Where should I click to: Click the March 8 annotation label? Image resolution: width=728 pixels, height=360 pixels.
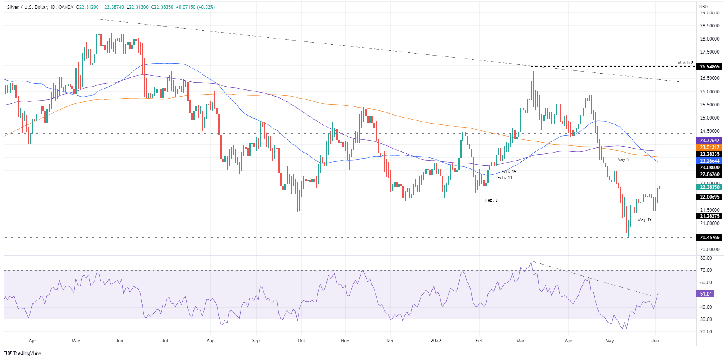click(x=686, y=63)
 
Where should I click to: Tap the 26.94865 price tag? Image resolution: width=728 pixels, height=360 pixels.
click(x=709, y=67)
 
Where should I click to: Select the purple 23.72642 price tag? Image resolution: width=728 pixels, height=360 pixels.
click(x=709, y=141)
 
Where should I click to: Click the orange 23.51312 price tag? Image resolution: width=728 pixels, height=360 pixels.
click(x=709, y=147)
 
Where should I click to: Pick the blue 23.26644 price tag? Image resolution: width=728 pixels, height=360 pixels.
click(x=709, y=161)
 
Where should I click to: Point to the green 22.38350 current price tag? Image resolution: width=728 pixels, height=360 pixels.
click(x=709, y=187)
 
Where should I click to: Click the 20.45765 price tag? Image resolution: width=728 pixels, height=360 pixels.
click(x=709, y=238)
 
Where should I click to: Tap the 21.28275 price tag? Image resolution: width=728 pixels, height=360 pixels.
click(x=709, y=216)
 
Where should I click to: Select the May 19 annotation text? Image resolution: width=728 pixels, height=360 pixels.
click(x=645, y=219)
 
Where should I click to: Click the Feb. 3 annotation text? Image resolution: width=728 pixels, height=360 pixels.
click(x=491, y=200)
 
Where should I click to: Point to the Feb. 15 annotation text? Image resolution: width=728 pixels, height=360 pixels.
click(x=509, y=172)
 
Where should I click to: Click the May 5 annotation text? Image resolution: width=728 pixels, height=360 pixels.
click(x=623, y=159)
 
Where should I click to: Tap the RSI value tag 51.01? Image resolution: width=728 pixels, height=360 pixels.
click(x=706, y=294)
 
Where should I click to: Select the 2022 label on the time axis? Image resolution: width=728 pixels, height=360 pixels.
click(x=436, y=341)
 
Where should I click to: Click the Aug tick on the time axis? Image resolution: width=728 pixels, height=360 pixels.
click(x=210, y=341)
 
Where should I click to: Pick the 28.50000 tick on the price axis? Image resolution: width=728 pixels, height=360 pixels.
click(x=709, y=26)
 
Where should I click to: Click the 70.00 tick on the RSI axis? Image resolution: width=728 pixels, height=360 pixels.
click(x=706, y=270)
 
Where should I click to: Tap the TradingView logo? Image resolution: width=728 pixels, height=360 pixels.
click(x=23, y=353)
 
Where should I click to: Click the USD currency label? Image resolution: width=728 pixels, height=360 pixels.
click(x=703, y=7)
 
